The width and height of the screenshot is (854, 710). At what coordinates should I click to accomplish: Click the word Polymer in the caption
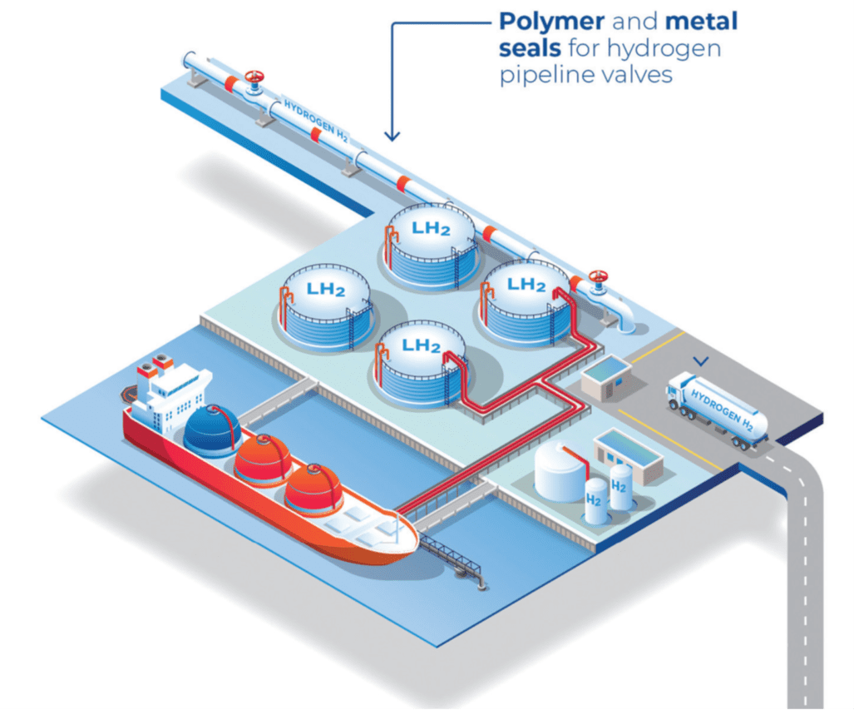click(550, 20)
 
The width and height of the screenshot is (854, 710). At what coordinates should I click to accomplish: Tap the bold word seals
click(530, 47)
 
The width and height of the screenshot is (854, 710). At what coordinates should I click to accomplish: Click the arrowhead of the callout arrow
click(392, 135)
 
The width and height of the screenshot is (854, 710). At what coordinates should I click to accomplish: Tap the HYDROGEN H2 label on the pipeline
click(315, 122)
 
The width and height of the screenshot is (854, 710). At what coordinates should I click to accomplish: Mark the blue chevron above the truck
click(703, 361)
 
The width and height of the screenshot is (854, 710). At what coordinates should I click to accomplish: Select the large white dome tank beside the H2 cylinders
click(560, 468)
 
